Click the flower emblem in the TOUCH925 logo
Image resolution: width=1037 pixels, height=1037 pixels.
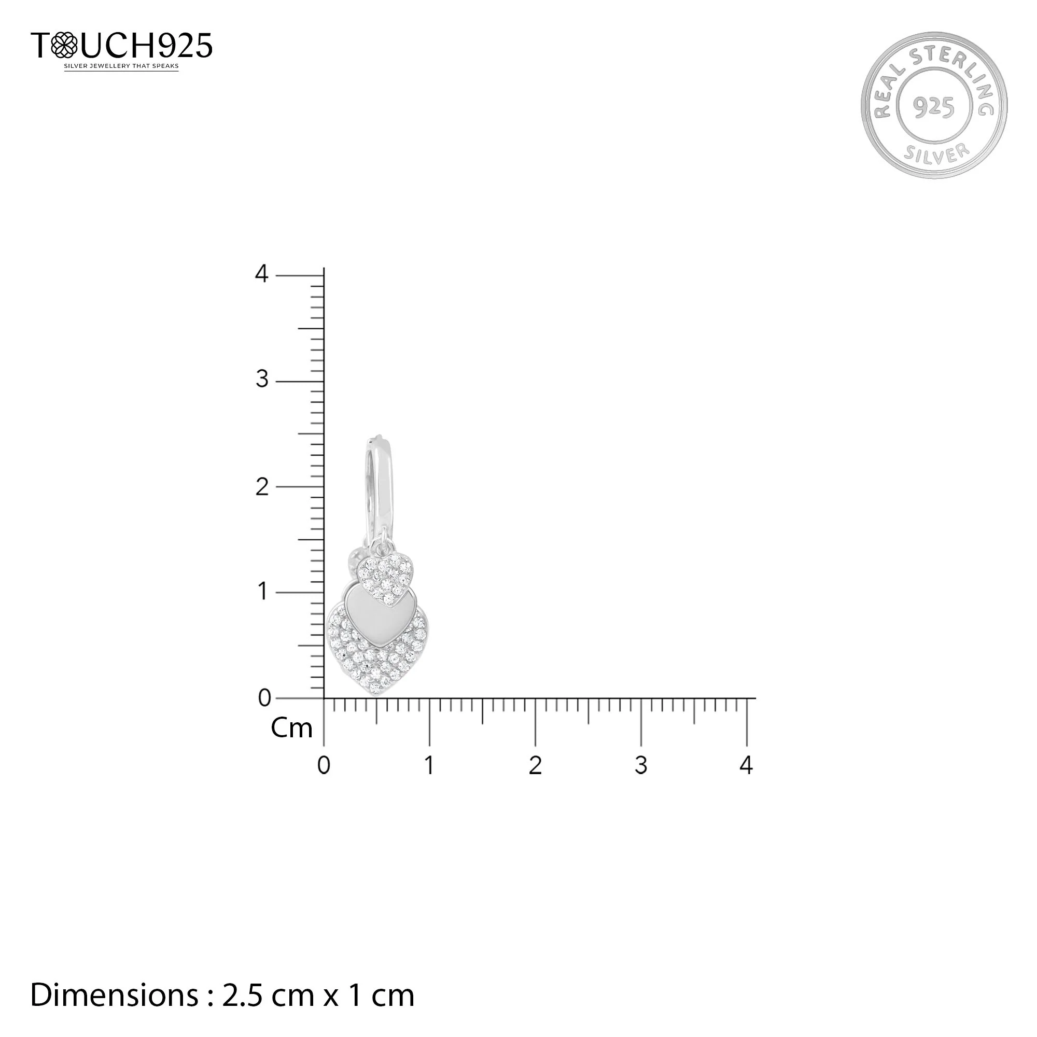pos(64,45)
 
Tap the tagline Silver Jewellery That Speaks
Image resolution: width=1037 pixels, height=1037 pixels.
pos(121,66)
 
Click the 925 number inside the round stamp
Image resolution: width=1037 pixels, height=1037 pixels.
pos(934,107)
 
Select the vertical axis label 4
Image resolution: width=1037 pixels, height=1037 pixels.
pos(261,274)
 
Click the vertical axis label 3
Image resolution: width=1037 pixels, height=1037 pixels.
pos(261,380)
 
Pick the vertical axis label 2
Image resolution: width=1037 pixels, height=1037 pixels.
pos(261,487)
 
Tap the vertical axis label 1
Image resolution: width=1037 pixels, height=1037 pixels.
pos(262,592)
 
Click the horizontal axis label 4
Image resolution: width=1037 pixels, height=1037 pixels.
pos(746,765)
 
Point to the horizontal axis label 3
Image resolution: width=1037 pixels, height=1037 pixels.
pos(641,765)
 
